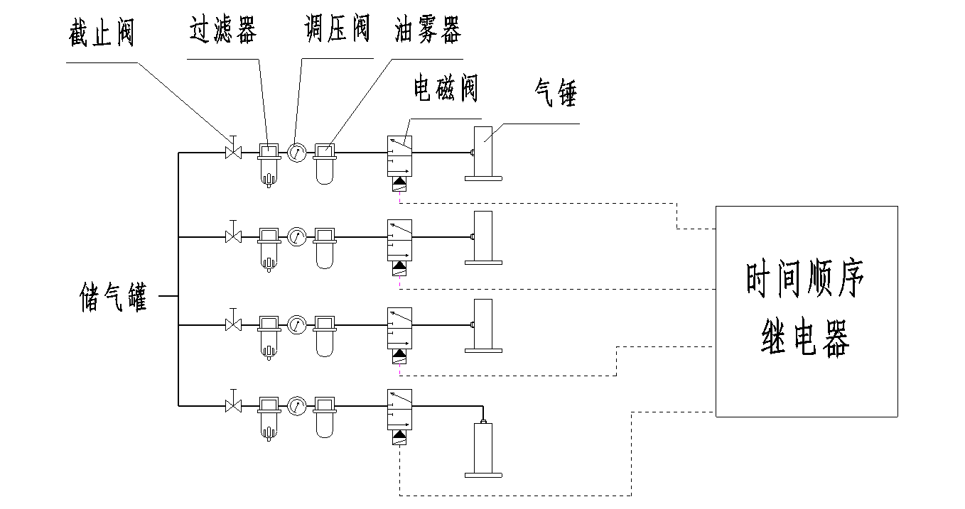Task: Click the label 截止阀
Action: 102,33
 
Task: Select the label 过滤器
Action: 222,31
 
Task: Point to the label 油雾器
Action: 428,31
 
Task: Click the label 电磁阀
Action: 446,89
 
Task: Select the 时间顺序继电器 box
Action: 806,311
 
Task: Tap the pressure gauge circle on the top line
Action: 296,151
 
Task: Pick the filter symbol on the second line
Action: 269,247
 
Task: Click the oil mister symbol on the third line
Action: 325,335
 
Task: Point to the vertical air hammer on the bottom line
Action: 483,449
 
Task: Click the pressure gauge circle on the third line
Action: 296,325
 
